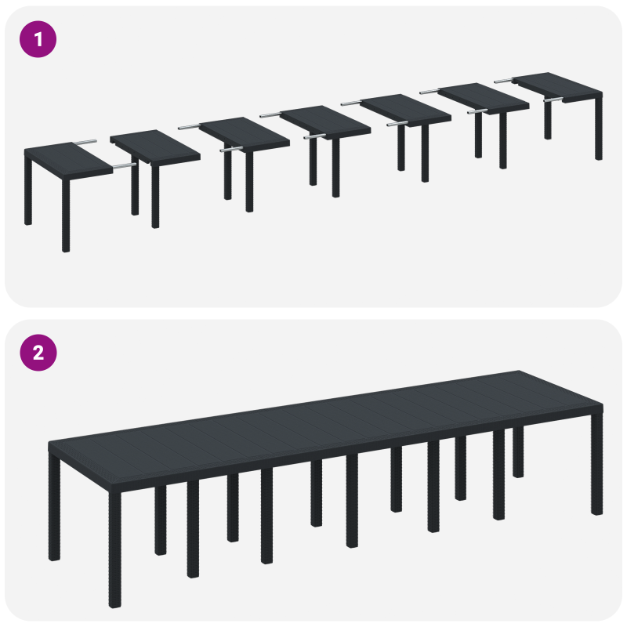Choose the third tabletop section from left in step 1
pyautogui.click(x=245, y=133)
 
